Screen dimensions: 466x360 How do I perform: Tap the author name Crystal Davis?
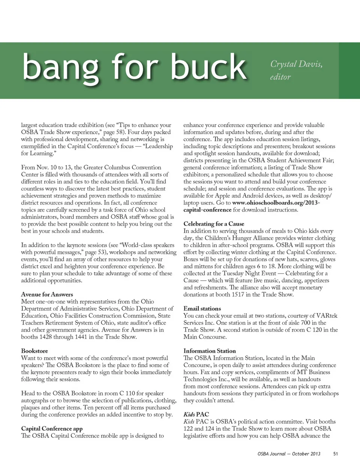pyautogui.click(x=296, y=64)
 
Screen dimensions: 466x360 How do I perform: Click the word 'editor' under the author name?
pyautogui.click(x=280, y=77)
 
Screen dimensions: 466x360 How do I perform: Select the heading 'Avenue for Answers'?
pyautogui.click(x=47, y=295)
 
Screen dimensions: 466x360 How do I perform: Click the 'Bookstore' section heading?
pyautogui.click(x=34, y=351)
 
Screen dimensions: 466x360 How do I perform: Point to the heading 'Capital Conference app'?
pyautogui.click(x=52, y=429)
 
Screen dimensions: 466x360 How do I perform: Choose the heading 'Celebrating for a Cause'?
pyautogui.click(x=214, y=224)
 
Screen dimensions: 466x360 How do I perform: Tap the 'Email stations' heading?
pyautogui.click(x=202, y=309)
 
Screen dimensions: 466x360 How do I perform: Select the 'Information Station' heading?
pyautogui.click(x=210, y=351)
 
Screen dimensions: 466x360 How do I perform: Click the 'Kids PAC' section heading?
pyautogui.click(x=196, y=415)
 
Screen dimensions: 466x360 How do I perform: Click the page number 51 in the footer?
pyautogui.click(x=336, y=454)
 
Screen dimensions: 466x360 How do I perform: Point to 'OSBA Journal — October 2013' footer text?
pyautogui.click(x=289, y=454)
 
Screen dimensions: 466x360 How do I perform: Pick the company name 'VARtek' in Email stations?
pyautogui.click(x=327, y=316)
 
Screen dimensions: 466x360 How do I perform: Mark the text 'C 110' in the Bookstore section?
pyautogui.click(x=127, y=394)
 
